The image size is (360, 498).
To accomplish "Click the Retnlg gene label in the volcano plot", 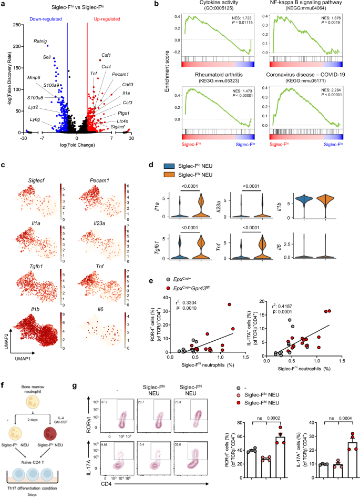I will click(40, 40).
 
